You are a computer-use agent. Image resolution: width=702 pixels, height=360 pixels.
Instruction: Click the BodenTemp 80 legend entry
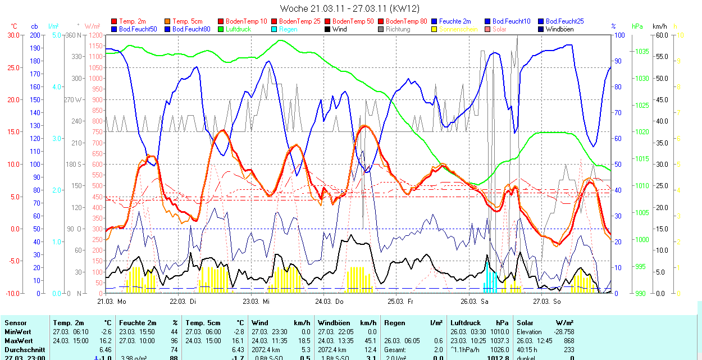[x=407, y=21]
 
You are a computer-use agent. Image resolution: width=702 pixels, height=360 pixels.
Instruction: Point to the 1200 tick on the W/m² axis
[x=95, y=35]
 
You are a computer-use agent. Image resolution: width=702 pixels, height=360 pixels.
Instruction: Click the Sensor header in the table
[x=16, y=323]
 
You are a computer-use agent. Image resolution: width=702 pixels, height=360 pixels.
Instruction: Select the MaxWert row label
[x=19, y=341]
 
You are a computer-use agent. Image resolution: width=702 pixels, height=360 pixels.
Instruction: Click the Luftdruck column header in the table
[x=466, y=323]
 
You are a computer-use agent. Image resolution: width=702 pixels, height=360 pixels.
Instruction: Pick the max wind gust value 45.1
[x=368, y=341]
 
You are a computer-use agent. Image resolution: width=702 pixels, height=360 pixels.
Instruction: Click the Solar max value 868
[x=568, y=341]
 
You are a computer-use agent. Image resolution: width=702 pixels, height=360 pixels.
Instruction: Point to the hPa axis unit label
[x=637, y=26]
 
